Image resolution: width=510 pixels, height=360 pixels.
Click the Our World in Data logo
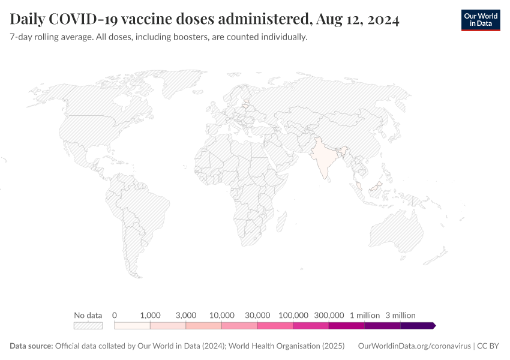pyautogui.click(x=480, y=20)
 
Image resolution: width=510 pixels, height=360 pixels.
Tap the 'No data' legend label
pyautogui.click(x=88, y=315)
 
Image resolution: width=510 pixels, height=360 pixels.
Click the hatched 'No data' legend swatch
pyautogui.click(x=88, y=326)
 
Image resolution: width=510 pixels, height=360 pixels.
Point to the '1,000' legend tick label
pyautogui.click(x=150, y=315)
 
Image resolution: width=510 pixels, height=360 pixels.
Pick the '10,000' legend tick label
pyautogui.click(x=221, y=315)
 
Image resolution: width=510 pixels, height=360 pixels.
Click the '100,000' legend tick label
pyautogui.click(x=293, y=315)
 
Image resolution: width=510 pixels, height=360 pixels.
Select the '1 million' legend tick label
pyautogui.click(x=365, y=315)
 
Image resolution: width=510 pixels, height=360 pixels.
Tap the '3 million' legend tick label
pyautogui.click(x=400, y=315)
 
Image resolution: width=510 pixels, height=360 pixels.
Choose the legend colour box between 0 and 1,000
pyautogui.click(x=132, y=326)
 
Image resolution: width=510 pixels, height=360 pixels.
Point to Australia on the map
pyautogui.click(x=397, y=235)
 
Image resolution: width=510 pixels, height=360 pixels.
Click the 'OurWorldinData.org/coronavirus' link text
pyautogui.click(x=413, y=346)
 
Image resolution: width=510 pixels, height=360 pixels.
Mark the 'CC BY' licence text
pyautogui.click(x=488, y=346)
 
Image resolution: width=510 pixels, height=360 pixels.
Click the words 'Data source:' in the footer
pyautogui.click(x=31, y=346)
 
